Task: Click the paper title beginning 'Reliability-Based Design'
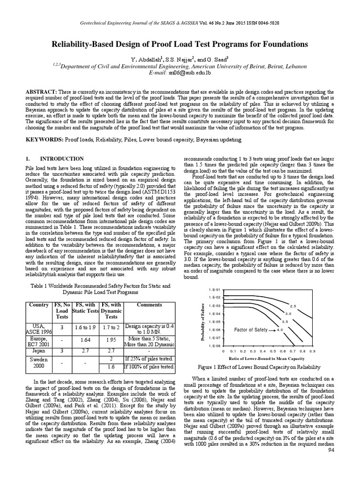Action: [180, 45]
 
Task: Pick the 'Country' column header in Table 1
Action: [39, 305]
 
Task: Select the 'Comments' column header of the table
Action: [149, 305]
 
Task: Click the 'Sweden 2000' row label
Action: [39, 363]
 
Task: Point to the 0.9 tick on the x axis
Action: [313, 351]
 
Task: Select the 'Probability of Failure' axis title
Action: [203, 319]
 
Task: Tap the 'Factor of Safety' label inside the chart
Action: [251, 330]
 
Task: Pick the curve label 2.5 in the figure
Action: [292, 306]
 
